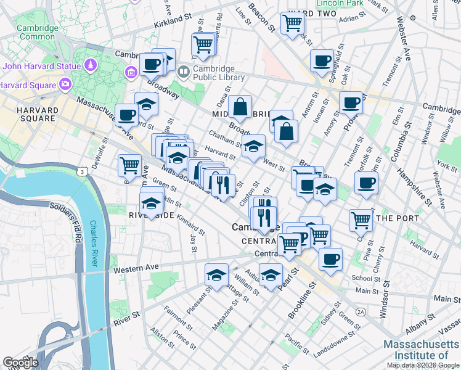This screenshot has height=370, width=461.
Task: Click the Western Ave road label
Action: (x=133, y=269)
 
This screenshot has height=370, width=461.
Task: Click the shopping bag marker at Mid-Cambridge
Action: (x=240, y=107)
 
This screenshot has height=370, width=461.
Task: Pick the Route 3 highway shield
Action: (x=81, y=171)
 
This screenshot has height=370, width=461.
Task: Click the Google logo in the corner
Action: (x=20, y=362)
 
